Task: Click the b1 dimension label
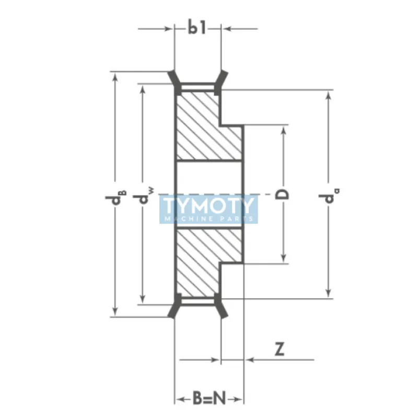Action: click(x=197, y=29)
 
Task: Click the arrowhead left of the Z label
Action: click(x=250, y=359)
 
